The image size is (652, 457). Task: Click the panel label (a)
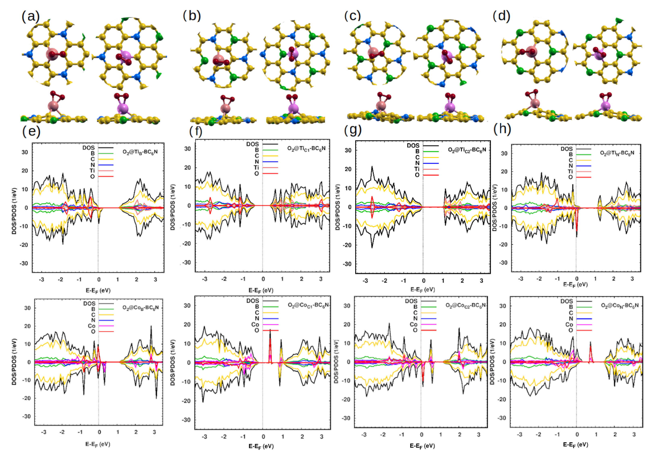click(30, 17)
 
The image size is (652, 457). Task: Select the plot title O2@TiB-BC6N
click(140, 152)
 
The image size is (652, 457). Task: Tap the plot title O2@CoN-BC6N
click(620, 305)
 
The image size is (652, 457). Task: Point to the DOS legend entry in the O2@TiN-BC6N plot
click(567, 149)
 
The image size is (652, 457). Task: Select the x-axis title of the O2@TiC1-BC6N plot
click(261, 290)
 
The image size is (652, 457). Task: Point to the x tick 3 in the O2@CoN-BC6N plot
click(634, 435)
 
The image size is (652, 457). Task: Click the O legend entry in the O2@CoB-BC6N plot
click(93, 331)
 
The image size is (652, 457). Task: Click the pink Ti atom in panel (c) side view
click(381, 106)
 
